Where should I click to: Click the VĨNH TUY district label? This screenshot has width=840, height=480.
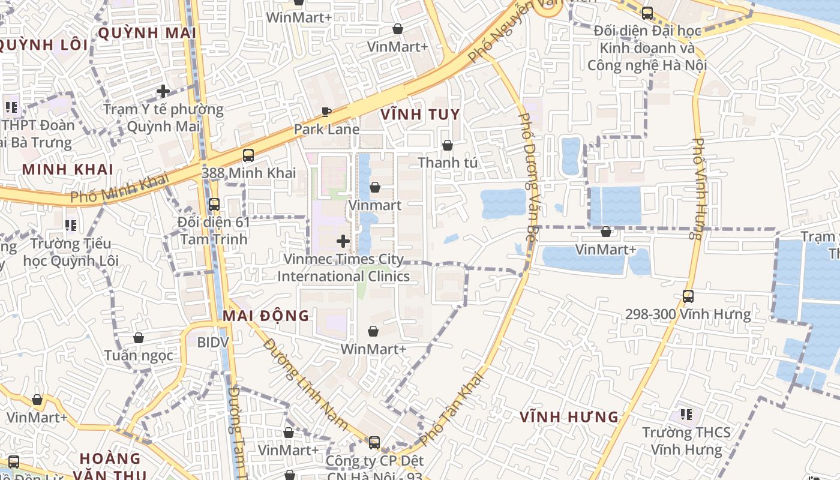[x=420, y=115]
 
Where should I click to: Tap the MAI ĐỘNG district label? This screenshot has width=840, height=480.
[x=266, y=316]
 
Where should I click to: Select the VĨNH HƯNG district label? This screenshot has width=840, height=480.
[x=569, y=416]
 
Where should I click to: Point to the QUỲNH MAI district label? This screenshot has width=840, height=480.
[x=147, y=33]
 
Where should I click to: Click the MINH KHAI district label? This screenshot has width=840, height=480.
[x=68, y=169]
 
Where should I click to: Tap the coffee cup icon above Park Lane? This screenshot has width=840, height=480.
[x=326, y=112]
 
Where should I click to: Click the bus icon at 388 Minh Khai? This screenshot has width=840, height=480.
[x=248, y=155]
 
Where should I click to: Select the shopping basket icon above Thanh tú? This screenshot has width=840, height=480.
[x=447, y=145]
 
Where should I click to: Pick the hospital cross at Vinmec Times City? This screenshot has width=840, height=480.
[x=343, y=241]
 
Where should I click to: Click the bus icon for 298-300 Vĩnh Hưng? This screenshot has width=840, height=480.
[x=688, y=296]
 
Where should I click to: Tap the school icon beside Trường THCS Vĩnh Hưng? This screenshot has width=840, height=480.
[x=686, y=415]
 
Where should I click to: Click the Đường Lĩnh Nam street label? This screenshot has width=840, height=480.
[x=305, y=384]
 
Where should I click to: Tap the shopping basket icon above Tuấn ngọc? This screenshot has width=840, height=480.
[x=139, y=338]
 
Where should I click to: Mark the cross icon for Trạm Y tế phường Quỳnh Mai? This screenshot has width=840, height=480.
[x=163, y=91]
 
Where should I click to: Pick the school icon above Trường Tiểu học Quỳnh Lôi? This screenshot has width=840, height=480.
[x=71, y=226]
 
